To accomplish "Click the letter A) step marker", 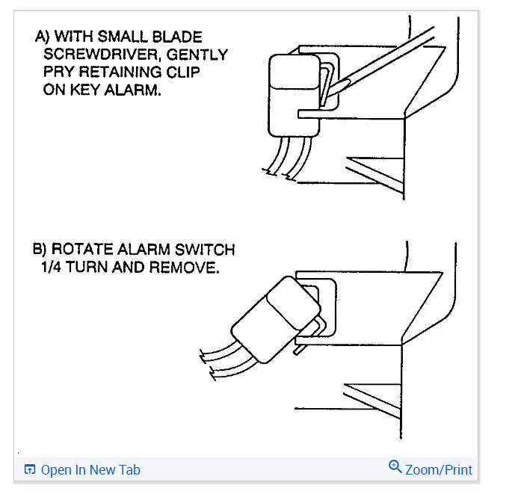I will (43, 37).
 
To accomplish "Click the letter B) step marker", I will (43, 249).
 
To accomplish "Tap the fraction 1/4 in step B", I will (55, 267).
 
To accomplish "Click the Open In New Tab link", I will (90, 470).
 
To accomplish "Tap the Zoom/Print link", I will (439, 470).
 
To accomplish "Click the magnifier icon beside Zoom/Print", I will (395, 468).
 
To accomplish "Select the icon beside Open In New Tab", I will (30, 470).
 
